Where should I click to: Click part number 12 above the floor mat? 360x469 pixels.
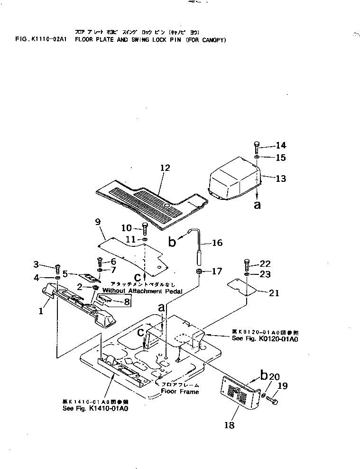pos(165,168)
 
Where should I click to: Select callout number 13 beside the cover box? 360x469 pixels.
pos(281,178)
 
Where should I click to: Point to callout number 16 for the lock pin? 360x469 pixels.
pos(217,243)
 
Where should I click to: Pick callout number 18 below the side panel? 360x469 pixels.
pos(229,425)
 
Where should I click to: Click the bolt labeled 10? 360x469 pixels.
pos(145,229)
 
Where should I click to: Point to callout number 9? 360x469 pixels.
pos(98,222)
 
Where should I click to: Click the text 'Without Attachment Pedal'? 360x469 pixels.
pos(142,291)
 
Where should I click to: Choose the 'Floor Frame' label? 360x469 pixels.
pos(180,392)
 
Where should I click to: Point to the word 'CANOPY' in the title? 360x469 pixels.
pos(212,40)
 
